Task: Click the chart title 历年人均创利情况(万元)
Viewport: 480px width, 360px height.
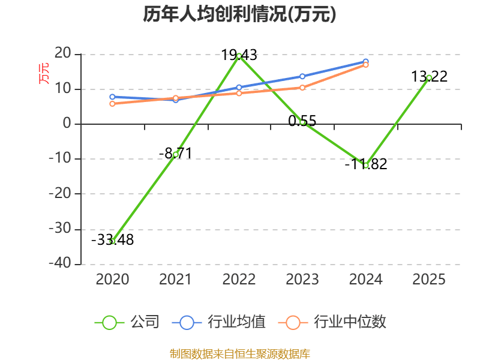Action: coord(239,14)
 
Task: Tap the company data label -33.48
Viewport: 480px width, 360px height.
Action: coord(113,240)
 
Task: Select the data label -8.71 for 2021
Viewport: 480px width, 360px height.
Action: coord(175,154)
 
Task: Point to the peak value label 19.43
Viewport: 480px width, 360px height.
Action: coord(239,56)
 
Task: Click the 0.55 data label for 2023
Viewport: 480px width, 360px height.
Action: coord(302,121)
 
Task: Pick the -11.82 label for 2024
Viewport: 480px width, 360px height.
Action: coord(366,164)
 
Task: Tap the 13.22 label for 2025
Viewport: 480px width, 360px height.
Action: coord(429,77)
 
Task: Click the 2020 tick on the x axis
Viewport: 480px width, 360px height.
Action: coord(113,279)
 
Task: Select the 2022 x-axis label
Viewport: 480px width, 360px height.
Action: coord(239,279)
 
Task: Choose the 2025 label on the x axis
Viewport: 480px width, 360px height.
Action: coord(429,279)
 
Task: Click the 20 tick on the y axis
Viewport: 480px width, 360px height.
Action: coord(63,55)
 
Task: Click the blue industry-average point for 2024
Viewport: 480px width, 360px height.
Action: coord(365,62)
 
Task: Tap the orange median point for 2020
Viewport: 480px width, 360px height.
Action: coord(112,104)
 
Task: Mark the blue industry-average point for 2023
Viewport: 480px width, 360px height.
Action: coord(302,76)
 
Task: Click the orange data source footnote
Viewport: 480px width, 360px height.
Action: coord(239,353)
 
